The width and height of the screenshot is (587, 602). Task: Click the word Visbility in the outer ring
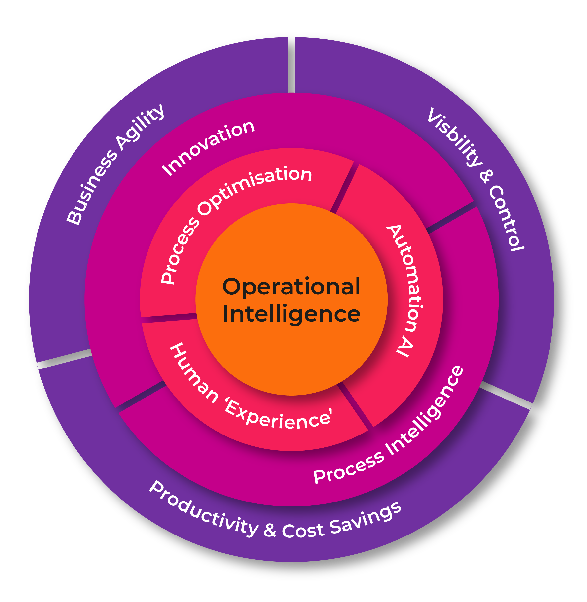[x=454, y=137]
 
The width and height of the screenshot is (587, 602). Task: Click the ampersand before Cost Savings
[x=270, y=530]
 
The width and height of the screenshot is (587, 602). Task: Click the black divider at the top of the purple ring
[x=291, y=65]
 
